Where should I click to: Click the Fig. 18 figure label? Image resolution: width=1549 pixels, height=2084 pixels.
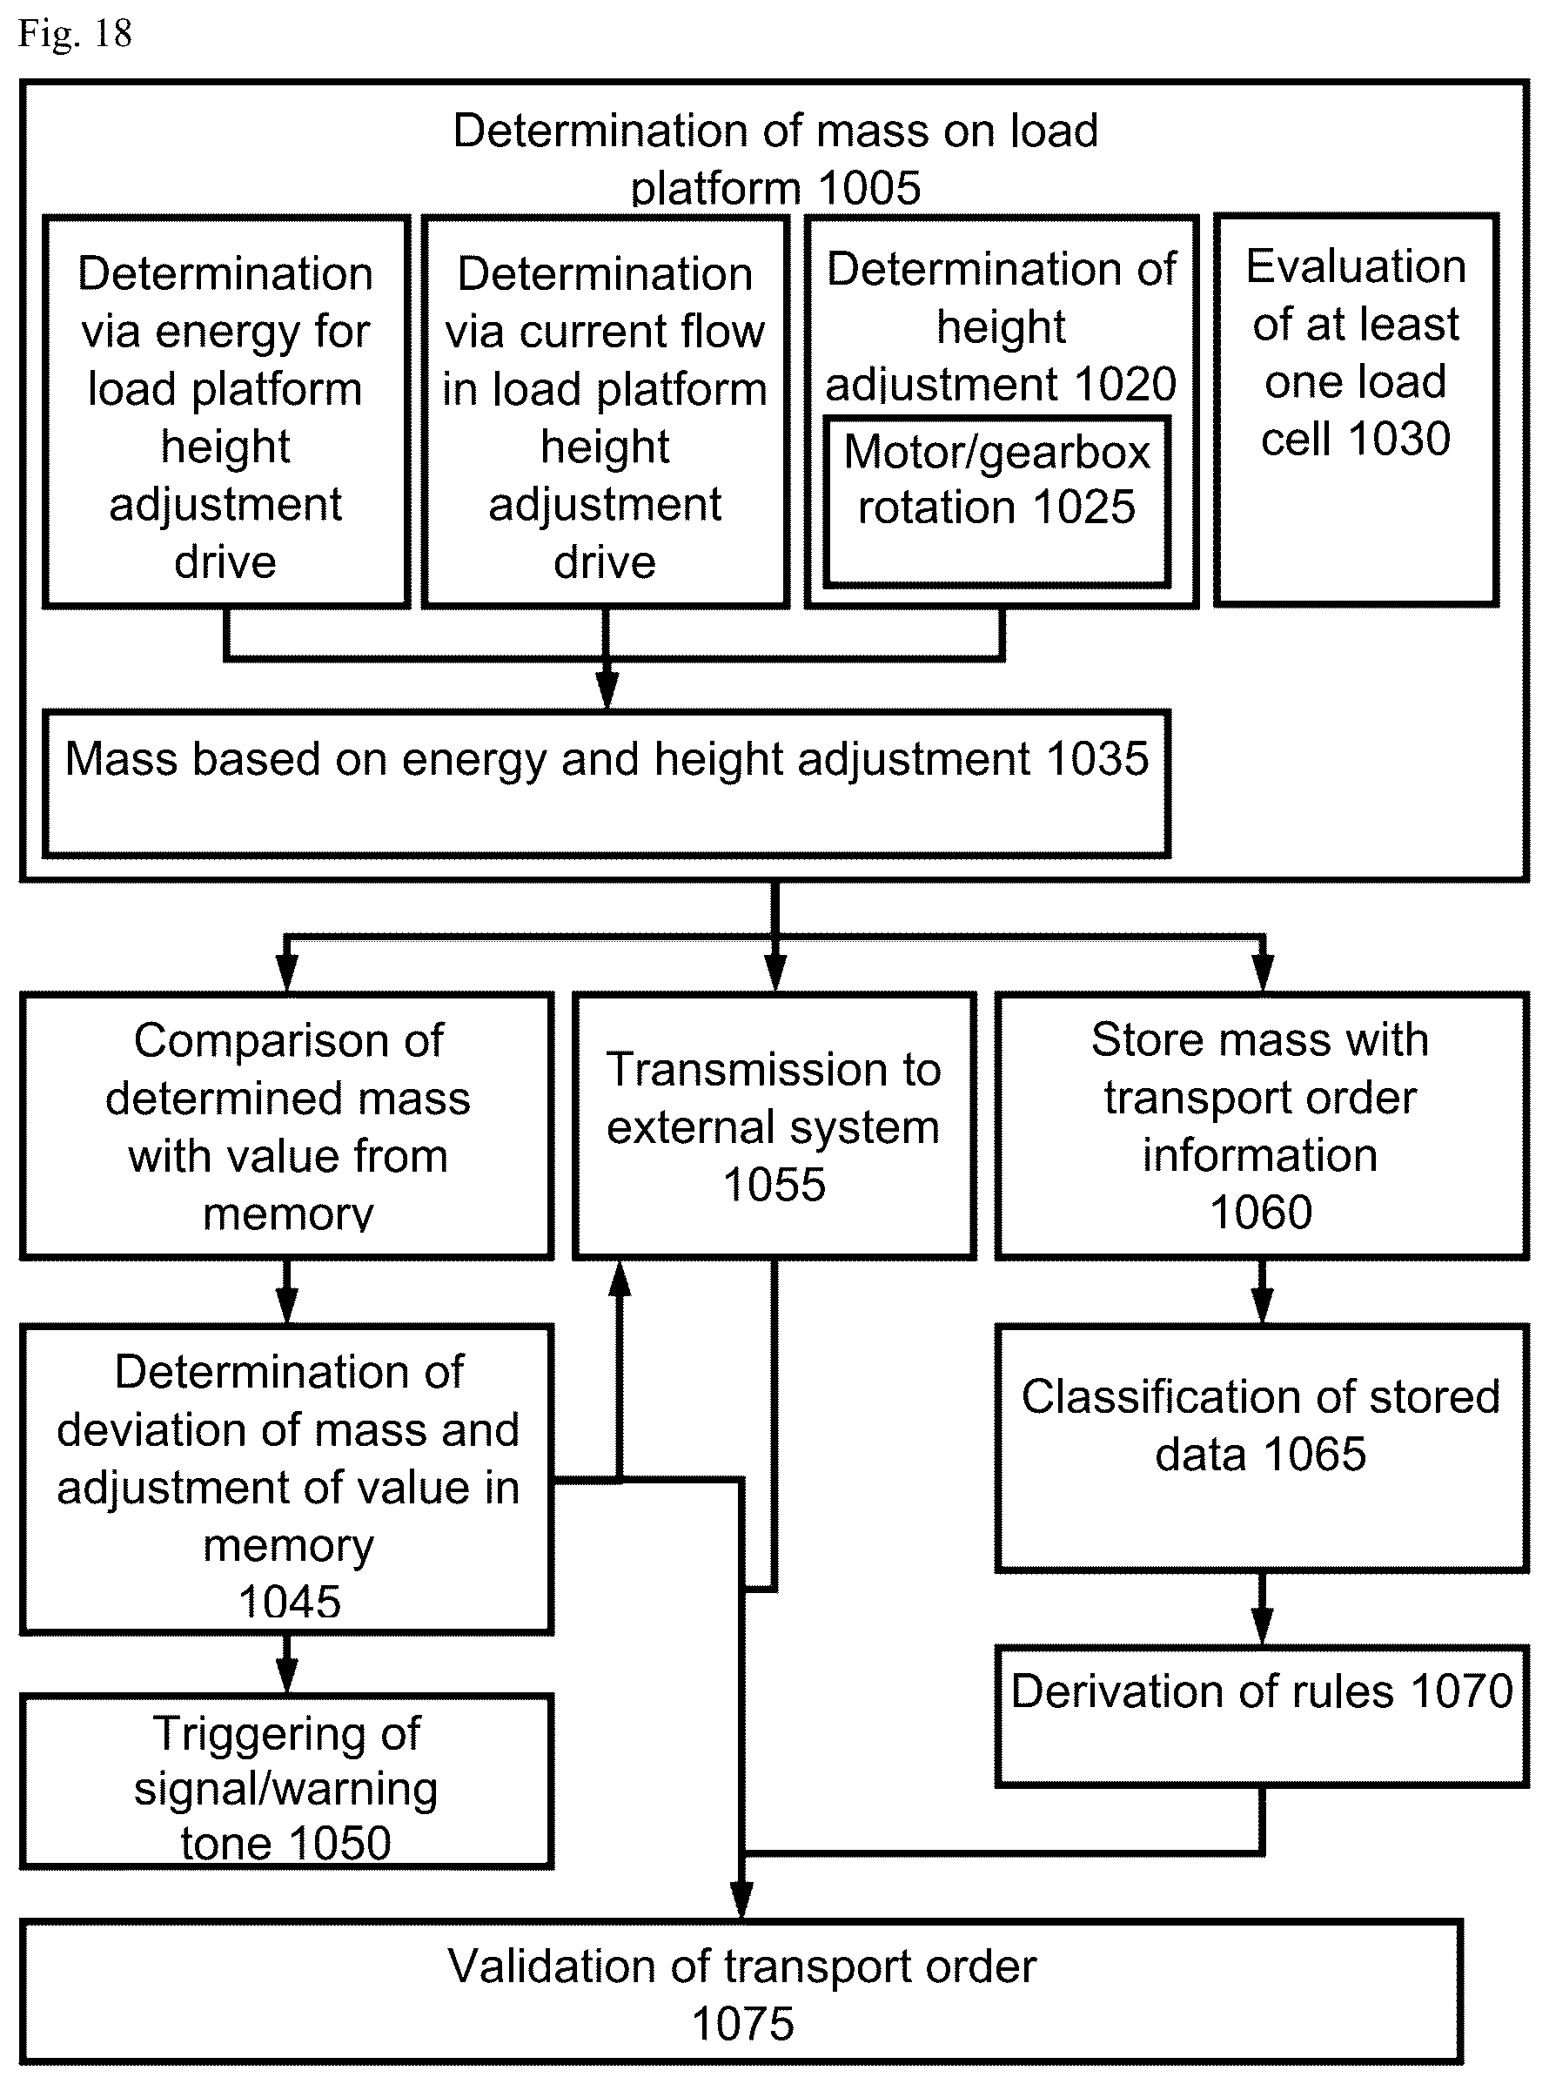[x=75, y=34]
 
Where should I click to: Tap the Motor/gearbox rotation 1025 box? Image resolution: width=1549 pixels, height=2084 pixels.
[x=997, y=501]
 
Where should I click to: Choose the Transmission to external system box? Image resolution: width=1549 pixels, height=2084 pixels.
[x=774, y=1126]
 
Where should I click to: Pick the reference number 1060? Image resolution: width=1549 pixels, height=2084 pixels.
[x=1261, y=1212]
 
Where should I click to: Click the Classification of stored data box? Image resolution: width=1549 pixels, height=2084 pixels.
[x=1262, y=1449]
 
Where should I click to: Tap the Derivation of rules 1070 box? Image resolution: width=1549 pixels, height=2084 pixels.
[x=1262, y=1716]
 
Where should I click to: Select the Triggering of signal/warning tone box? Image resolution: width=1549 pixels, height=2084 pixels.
[x=287, y=1781]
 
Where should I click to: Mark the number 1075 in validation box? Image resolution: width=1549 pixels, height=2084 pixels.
[x=742, y=2024]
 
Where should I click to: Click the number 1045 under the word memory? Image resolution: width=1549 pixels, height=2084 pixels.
[x=289, y=1601]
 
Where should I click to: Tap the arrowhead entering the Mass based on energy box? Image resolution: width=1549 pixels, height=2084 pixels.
[x=607, y=690]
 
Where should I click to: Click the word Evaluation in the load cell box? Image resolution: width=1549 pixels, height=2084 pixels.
[x=1356, y=266]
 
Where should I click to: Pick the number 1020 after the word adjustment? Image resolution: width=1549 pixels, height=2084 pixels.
[x=1125, y=384]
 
